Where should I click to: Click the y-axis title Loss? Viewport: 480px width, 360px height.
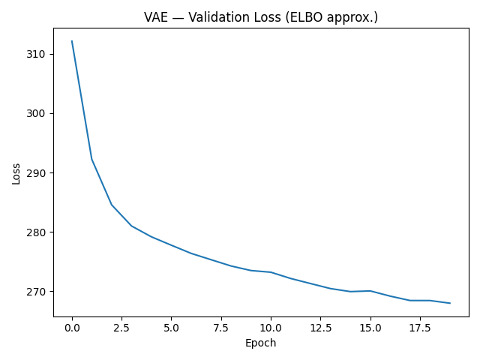16,173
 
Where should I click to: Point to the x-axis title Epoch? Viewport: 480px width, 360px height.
261,343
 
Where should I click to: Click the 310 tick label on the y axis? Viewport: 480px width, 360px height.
36,54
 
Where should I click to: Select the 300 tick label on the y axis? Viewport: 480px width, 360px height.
36,113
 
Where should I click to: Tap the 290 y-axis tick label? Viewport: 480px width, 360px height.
36,172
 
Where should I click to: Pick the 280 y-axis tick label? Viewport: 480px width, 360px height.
36,232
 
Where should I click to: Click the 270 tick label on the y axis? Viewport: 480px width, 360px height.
36,291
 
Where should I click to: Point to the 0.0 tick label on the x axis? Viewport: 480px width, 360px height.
72,328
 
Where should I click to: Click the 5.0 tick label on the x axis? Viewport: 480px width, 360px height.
171,328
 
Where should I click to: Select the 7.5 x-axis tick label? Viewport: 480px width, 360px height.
220,328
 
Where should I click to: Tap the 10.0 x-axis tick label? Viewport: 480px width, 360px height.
271,328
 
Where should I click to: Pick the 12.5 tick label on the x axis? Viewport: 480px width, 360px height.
320,328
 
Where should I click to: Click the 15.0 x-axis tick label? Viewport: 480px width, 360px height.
370,328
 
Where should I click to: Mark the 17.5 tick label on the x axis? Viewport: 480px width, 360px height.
419,328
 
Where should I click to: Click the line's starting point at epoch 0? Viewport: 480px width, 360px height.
72,41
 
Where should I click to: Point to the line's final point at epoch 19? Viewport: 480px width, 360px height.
450,303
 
